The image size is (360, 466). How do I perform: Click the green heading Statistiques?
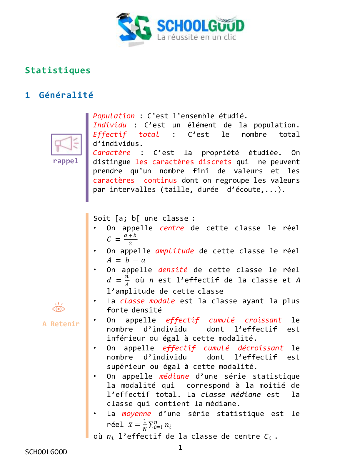[x=58, y=71]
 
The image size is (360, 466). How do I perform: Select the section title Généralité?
[x=66, y=95]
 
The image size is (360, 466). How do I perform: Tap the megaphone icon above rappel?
[x=66, y=144]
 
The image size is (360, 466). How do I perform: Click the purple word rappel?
[x=66, y=161]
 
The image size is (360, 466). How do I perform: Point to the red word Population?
[x=114, y=116]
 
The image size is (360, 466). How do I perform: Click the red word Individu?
[x=110, y=125]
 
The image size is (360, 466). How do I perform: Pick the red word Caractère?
[x=112, y=153]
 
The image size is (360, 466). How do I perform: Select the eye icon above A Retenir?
[x=59, y=308]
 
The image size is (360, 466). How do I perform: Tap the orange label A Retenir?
[x=61, y=324]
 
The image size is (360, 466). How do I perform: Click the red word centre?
[x=172, y=228]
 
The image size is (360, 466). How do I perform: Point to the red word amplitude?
[x=174, y=251]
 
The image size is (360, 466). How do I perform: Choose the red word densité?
[x=173, y=270]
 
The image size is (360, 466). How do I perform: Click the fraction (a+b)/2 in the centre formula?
[x=130, y=239]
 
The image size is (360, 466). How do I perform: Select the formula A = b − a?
[x=126, y=260]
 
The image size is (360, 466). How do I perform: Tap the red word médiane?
[x=174, y=376]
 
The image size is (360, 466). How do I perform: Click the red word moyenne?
[x=136, y=414]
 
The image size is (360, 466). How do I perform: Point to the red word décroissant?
[x=260, y=348]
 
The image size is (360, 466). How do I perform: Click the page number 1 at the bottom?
[x=180, y=447]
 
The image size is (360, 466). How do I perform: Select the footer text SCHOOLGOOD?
[x=46, y=452]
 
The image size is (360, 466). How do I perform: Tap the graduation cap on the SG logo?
[x=124, y=16]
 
